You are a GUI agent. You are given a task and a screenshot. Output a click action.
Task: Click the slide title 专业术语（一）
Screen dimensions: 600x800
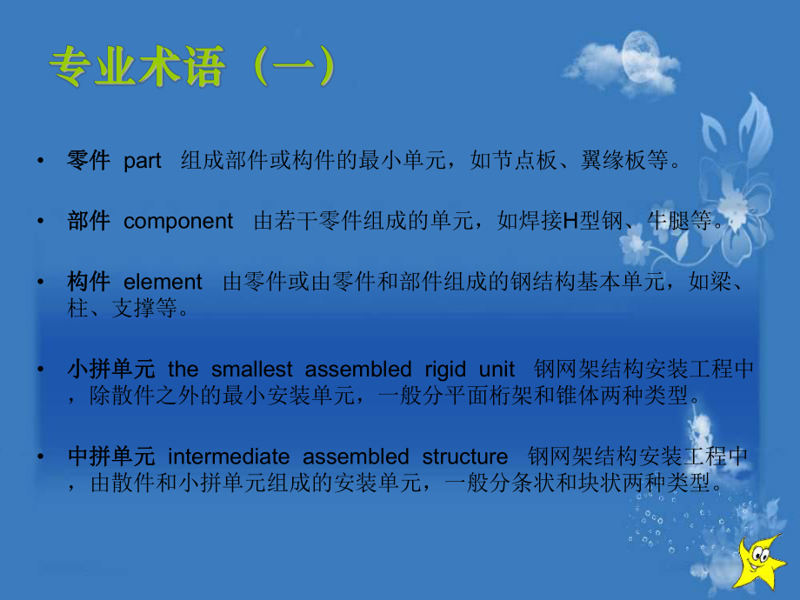tap(190, 68)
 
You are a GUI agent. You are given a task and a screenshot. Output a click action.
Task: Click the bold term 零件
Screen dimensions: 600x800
tap(89, 161)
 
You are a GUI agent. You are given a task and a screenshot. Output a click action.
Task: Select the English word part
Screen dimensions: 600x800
tap(143, 162)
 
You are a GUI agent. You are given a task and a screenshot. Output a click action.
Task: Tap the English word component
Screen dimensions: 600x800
tap(178, 222)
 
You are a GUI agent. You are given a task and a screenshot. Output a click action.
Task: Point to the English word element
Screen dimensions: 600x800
tap(163, 282)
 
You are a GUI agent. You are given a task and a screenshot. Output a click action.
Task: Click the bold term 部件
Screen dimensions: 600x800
tap(89, 222)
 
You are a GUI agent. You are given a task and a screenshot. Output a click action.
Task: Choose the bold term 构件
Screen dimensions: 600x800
tap(89, 282)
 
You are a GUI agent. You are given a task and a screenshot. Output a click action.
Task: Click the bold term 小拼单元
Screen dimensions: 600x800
tap(111, 369)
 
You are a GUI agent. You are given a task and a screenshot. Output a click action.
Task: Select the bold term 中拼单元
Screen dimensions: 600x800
tap(111, 457)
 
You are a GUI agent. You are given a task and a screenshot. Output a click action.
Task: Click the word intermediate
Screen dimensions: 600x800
tap(230, 457)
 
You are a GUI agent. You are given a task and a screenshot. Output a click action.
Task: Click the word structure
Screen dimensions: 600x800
tap(465, 457)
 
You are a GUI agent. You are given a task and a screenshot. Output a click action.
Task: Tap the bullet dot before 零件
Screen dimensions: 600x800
tap(41, 162)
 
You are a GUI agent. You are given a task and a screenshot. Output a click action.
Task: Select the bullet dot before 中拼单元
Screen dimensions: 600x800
tap(41, 457)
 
